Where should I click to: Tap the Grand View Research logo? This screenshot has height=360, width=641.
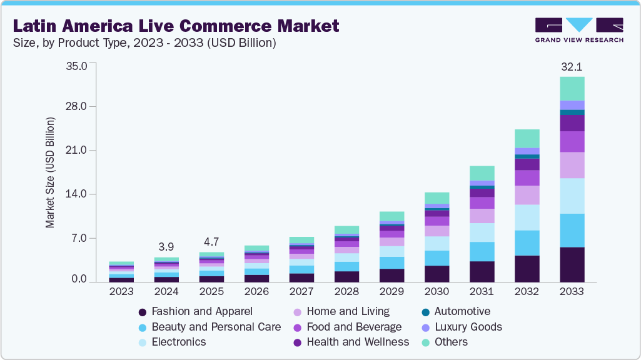pyautogui.click(x=578, y=29)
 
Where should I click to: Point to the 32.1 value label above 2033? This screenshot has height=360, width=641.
pyautogui.click(x=572, y=66)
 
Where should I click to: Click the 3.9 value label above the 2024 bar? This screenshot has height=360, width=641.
pyautogui.click(x=166, y=246)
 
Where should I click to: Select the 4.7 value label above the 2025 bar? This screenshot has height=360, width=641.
pyautogui.click(x=211, y=241)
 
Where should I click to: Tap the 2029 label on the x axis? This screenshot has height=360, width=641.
pyautogui.click(x=391, y=292)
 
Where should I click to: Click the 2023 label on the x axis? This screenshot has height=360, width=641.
pyautogui.click(x=121, y=292)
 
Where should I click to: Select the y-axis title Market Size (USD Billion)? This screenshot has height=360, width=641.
pyautogui.click(x=50, y=172)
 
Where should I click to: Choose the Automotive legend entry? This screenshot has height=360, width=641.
pyautogui.click(x=462, y=311)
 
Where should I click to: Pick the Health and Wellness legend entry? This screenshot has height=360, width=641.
pyautogui.click(x=358, y=342)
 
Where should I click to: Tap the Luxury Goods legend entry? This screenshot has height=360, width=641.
pyautogui.click(x=468, y=327)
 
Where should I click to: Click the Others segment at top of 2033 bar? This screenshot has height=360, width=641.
pyautogui.click(x=572, y=88)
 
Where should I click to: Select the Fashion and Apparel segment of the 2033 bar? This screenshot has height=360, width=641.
pyautogui.click(x=572, y=264)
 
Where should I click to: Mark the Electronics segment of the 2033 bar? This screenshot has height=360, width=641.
pyautogui.click(x=572, y=196)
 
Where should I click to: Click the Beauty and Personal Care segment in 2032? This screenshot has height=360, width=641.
pyautogui.click(x=527, y=242)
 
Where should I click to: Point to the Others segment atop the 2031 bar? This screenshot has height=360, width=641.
pyautogui.click(x=482, y=173)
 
